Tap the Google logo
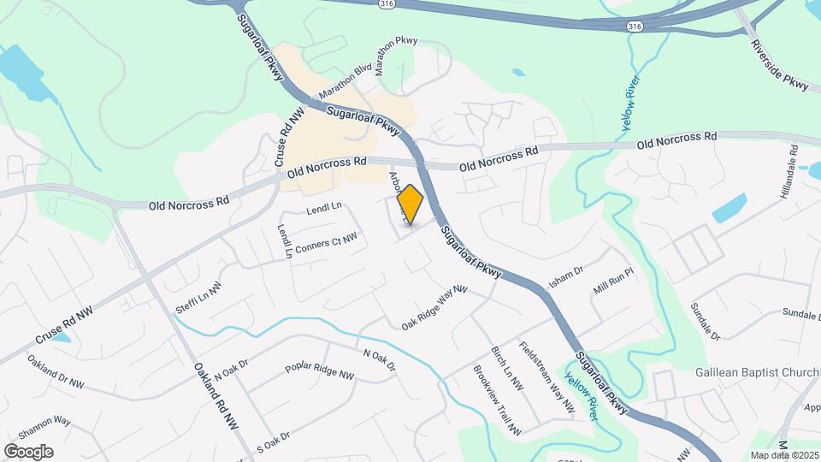coord(28,452)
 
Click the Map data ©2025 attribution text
coord(783,455)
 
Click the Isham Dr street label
coord(565,276)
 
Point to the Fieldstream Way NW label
coord(546,379)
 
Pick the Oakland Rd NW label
coord(216,395)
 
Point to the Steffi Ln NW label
coord(198,297)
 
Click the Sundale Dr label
coord(706,319)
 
